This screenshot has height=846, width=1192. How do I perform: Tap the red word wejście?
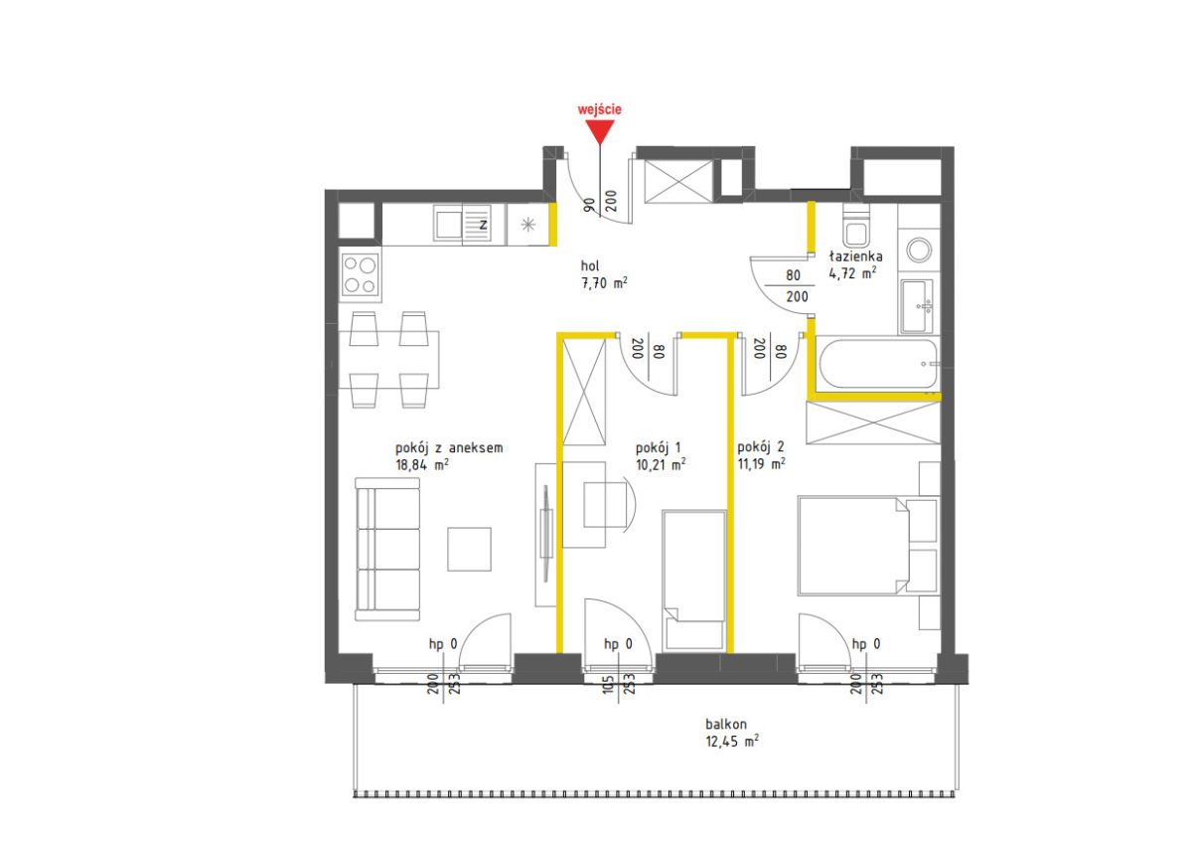600,109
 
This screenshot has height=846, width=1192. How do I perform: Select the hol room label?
590,265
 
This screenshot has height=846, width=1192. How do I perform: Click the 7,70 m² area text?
604,282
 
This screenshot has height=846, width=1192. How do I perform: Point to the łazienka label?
855,256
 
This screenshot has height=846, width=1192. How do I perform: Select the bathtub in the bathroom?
878,364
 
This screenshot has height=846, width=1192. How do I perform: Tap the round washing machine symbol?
919,250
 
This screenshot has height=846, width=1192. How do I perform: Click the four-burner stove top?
361,274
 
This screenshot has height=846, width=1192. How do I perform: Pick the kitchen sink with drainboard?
462,224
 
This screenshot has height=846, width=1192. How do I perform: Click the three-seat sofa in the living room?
387,550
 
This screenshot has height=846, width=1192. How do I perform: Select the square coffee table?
469,550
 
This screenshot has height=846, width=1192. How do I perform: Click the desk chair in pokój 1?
609,505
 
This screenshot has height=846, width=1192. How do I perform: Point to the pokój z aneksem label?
449,447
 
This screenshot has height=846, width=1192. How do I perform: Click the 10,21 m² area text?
661,464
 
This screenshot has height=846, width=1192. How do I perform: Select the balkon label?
726,724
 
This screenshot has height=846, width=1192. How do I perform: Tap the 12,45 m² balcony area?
732,741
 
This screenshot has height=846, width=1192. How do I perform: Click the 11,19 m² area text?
762,463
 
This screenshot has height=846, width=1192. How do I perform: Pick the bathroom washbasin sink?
917,306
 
